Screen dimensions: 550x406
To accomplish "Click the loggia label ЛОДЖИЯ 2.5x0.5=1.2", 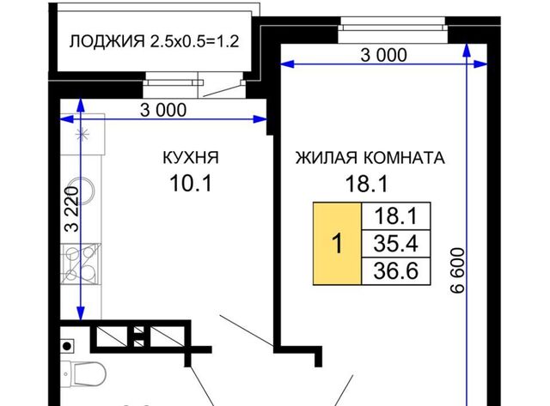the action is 155,41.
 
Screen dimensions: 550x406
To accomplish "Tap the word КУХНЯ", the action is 191,158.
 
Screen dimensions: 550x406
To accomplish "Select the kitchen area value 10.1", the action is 191,183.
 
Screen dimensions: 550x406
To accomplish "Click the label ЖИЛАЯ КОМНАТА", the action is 370,158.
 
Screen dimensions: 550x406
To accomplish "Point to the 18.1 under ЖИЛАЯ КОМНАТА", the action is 367,184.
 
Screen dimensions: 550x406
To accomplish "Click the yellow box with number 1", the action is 337,244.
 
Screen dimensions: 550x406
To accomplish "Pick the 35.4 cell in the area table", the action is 395,244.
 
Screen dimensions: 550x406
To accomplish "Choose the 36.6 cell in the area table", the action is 395,271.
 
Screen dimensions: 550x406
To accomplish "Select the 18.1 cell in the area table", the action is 395,216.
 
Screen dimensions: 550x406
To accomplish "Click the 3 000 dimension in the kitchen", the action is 163,110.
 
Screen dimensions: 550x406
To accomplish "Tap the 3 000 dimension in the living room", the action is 384,55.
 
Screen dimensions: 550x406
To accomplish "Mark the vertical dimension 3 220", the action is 72,209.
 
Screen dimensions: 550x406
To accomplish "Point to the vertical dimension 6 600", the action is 457,270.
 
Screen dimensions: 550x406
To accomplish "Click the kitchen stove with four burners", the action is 81,264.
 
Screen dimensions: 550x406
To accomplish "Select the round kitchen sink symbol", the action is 83,191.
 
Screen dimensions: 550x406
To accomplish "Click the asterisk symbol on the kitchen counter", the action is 83,134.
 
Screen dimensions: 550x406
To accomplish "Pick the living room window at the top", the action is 393,30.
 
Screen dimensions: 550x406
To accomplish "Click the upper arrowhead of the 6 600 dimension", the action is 466,50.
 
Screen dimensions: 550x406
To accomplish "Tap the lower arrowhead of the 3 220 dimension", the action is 81,313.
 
